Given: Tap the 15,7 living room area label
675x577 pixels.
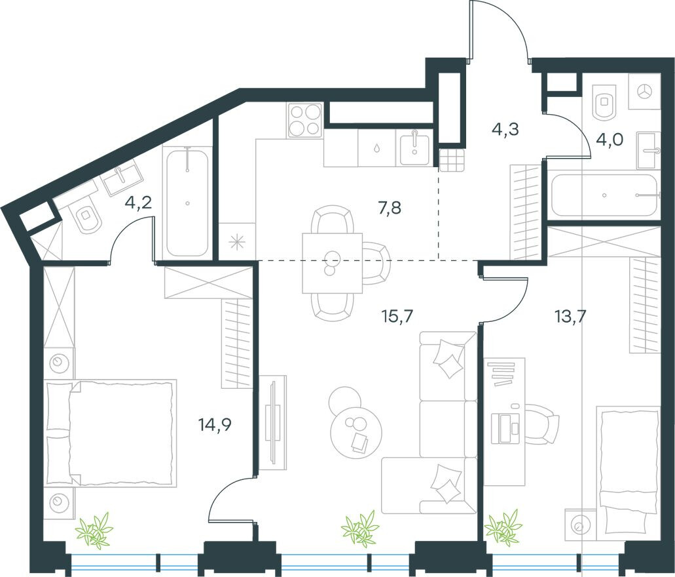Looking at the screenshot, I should pyautogui.click(x=397, y=317).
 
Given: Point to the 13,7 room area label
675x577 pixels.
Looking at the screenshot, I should pyautogui.click(x=569, y=317).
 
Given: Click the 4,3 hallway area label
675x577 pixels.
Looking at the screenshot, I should pyautogui.click(x=505, y=129).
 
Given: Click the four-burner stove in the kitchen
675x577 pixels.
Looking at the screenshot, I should pyautogui.click(x=305, y=120).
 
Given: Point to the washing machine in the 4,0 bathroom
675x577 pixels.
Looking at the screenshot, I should pyautogui.click(x=644, y=91).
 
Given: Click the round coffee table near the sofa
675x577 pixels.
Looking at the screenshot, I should pyautogui.click(x=354, y=433).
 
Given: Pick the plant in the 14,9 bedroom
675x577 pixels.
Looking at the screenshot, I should pyautogui.click(x=94, y=530).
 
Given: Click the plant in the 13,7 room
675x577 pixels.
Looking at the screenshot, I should pyautogui.click(x=503, y=527).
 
